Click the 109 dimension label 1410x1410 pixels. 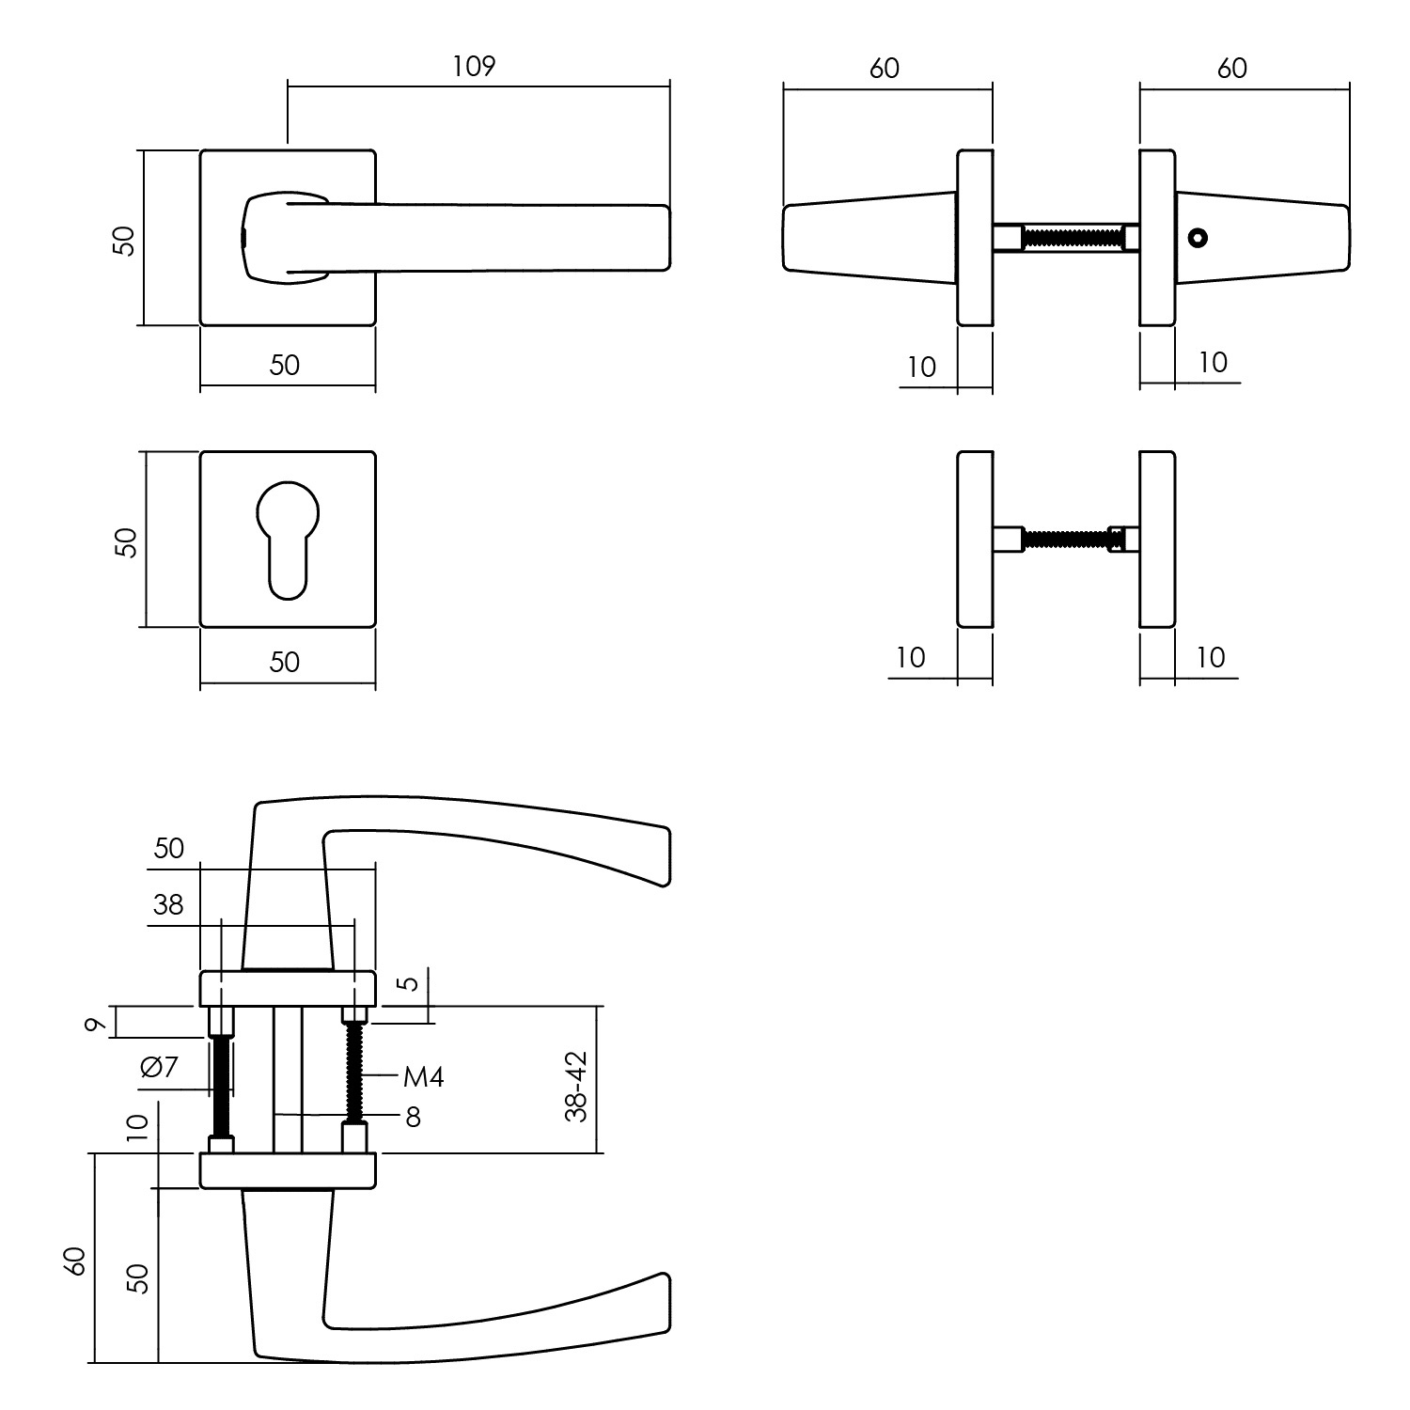[474, 67]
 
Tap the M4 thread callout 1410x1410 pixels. [423, 1076]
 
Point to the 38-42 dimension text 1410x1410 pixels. [576, 1087]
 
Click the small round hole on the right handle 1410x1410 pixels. [1197, 238]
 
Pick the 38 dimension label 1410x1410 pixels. [168, 904]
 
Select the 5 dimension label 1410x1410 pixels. [406, 984]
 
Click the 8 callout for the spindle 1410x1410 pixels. [413, 1117]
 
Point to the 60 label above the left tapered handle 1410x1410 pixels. [885, 68]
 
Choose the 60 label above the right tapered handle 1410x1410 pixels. [1232, 68]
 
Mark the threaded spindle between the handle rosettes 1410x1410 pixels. [1072, 238]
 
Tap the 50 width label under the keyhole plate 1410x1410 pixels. [285, 662]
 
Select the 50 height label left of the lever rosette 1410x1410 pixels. [124, 240]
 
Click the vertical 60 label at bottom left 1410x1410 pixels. [77, 1260]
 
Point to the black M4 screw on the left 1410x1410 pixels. [221, 1086]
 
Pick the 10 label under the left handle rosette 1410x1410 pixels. [922, 367]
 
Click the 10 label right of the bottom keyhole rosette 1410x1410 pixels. [1212, 657]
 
